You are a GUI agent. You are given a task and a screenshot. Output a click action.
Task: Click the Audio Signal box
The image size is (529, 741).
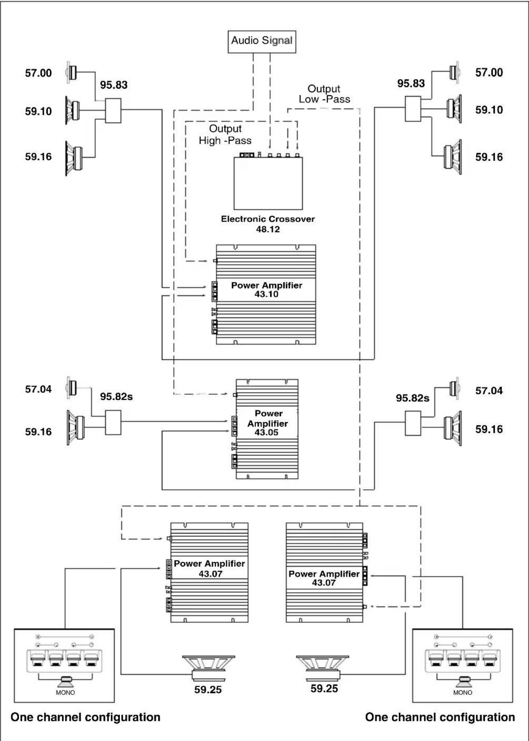(262, 41)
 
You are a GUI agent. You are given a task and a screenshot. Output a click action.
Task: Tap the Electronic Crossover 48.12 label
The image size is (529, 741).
(268, 224)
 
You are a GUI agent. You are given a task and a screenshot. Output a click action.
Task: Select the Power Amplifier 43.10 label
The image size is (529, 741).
(267, 290)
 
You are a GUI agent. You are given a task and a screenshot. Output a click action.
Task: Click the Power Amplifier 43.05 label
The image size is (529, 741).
(267, 423)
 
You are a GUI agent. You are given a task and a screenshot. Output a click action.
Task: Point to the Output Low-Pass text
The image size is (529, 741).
(324, 94)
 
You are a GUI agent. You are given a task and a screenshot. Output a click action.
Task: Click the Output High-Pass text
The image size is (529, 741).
(225, 134)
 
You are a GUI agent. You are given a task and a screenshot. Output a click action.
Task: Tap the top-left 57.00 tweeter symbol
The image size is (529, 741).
(71, 72)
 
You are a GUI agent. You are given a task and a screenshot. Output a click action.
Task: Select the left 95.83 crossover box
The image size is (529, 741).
(113, 111)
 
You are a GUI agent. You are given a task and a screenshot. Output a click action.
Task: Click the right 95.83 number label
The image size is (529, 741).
(411, 84)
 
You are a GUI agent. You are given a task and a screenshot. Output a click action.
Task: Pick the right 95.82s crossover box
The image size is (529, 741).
(413, 423)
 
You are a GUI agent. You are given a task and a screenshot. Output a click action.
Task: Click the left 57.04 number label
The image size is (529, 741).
(38, 389)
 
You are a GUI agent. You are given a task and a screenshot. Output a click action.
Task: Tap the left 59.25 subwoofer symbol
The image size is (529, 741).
(208, 668)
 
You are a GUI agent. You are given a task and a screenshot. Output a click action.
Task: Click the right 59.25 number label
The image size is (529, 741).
(324, 689)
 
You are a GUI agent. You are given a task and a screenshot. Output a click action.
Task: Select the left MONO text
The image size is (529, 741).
(65, 693)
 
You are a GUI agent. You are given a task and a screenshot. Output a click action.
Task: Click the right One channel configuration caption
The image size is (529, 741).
(440, 717)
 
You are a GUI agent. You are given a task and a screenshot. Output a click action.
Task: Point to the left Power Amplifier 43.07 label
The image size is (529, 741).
(210, 568)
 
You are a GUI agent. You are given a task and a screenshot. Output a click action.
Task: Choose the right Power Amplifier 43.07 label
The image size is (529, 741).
(324, 578)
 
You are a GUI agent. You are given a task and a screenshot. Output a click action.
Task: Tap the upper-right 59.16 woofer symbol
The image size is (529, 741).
(453, 157)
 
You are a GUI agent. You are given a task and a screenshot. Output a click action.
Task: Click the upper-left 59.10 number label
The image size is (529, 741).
(38, 111)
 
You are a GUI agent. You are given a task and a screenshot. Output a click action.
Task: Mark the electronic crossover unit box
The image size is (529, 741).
(268, 183)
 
